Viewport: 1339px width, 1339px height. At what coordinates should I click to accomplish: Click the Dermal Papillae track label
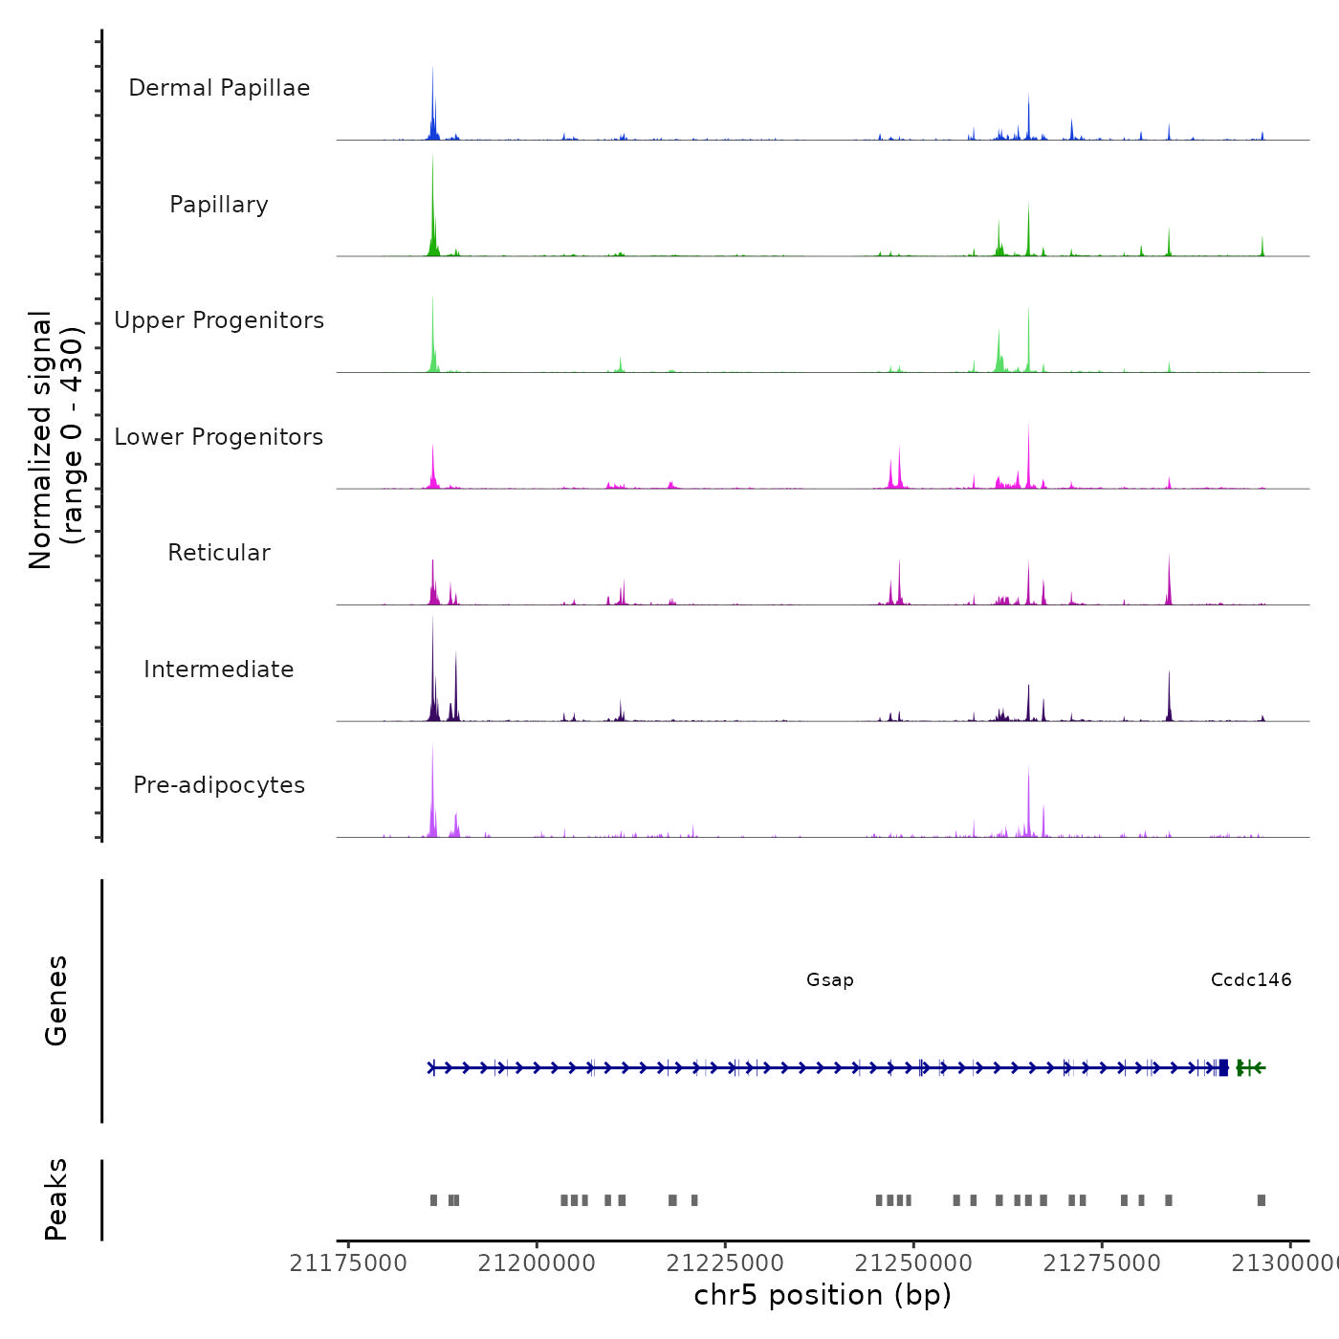(x=219, y=88)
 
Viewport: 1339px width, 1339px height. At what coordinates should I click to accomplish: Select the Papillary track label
(x=219, y=205)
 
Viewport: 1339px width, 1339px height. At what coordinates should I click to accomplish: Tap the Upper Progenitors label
(x=219, y=320)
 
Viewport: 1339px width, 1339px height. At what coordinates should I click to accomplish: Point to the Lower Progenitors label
(x=219, y=437)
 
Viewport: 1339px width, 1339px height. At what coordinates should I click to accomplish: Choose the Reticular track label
(x=219, y=553)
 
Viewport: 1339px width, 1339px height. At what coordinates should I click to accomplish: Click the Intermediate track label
(x=219, y=669)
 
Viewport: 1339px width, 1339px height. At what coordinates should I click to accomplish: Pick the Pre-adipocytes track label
(x=219, y=785)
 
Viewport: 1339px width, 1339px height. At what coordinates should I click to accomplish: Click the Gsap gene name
(x=830, y=979)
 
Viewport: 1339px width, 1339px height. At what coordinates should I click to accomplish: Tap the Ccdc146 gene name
(x=1251, y=979)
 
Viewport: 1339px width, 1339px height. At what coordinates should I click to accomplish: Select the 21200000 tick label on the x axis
(x=537, y=1263)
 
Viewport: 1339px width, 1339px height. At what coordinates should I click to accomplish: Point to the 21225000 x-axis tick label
(x=725, y=1263)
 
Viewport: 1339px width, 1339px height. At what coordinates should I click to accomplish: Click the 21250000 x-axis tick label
(x=913, y=1263)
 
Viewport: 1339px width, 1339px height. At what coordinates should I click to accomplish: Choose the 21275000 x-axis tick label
(x=1102, y=1263)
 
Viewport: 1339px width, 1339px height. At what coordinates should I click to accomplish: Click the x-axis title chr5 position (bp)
(x=823, y=1295)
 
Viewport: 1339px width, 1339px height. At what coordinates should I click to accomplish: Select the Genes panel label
(x=56, y=1000)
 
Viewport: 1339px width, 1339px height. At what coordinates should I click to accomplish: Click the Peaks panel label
(x=56, y=1199)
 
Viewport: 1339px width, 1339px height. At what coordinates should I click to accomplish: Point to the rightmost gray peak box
(x=1262, y=1200)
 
